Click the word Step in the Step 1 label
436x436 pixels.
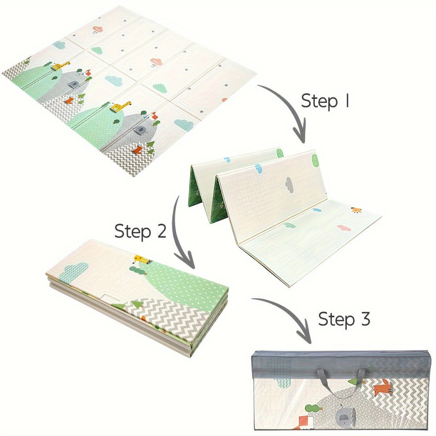(320, 102)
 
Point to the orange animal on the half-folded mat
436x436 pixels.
(356, 209)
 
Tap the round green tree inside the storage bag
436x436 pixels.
(313, 408)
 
